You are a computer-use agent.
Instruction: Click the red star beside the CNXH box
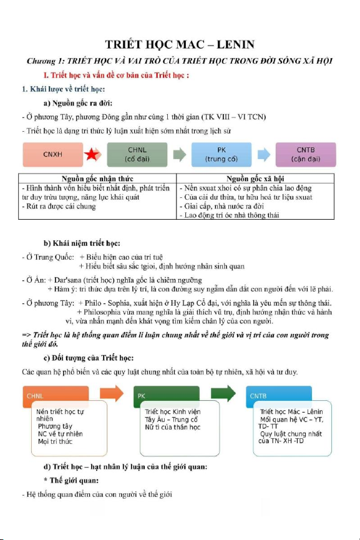click(92, 155)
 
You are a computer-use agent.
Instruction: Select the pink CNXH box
click(53, 155)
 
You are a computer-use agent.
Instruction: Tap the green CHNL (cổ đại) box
click(137, 155)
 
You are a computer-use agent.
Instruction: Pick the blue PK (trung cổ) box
click(221, 155)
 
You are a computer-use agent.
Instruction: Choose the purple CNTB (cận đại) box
click(306, 155)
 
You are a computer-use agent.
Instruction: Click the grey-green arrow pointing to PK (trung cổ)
click(179, 155)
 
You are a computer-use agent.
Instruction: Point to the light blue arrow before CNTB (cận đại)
click(264, 155)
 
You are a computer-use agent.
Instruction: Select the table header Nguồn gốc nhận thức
click(97, 179)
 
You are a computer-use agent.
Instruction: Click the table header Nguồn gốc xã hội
click(255, 179)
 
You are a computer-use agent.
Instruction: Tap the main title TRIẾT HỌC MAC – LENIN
click(180, 44)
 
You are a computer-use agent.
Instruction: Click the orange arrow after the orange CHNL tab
click(112, 393)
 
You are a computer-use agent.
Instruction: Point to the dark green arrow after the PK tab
click(223, 393)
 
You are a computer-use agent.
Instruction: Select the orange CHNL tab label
click(35, 396)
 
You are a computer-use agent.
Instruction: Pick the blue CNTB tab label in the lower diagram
click(258, 396)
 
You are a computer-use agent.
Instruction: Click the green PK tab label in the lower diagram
click(141, 396)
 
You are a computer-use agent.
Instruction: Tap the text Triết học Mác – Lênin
click(291, 411)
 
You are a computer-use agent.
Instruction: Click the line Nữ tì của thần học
click(172, 427)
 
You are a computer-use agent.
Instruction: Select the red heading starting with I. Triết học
click(116, 75)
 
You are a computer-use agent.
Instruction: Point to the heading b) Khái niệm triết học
click(82, 243)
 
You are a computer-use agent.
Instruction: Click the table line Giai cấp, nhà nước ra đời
click(222, 206)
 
